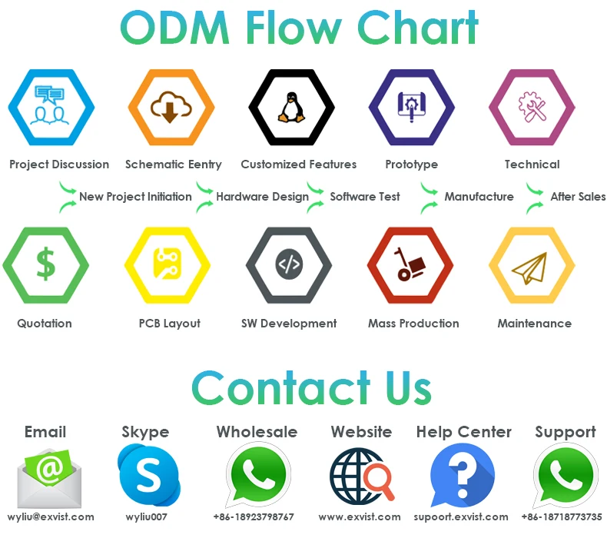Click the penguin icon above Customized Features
pyautogui.click(x=289, y=108)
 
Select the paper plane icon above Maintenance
pyautogui.click(x=532, y=266)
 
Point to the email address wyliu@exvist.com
pyautogui.click(x=51, y=517)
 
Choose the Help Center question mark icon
pyautogui.click(x=462, y=477)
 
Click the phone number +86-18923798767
pyautogui.click(x=254, y=517)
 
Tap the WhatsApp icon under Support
pyautogui.click(x=566, y=477)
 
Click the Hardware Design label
pyautogui.click(x=262, y=197)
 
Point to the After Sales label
pyautogui.click(x=578, y=197)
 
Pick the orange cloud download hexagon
pyautogui.click(x=171, y=108)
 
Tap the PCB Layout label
pyautogui.click(x=170, y=324)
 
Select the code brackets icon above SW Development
pyautogui.click(x=289, y=265)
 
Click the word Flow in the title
pyautogui.click(x=297, y=28)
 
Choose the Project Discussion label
pyautogui.click(x=59, y=164)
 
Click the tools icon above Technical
pyautogui.click(x=532, y=108)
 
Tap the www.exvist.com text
pyautogui.click(x=360, y=517)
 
